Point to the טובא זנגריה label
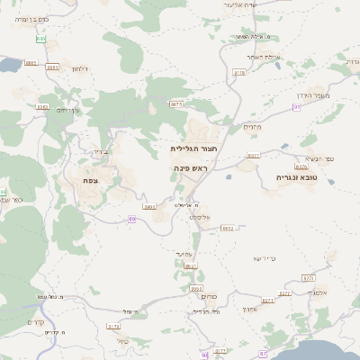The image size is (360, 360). coord(299,178)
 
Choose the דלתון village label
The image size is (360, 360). coord(78,68)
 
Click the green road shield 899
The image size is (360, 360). coord(40,39)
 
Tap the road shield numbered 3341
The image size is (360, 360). coord(53,67)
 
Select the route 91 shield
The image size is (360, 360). coord(296,107)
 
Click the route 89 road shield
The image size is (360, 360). coord(131,219)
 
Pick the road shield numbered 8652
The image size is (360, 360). coord(227,229)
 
